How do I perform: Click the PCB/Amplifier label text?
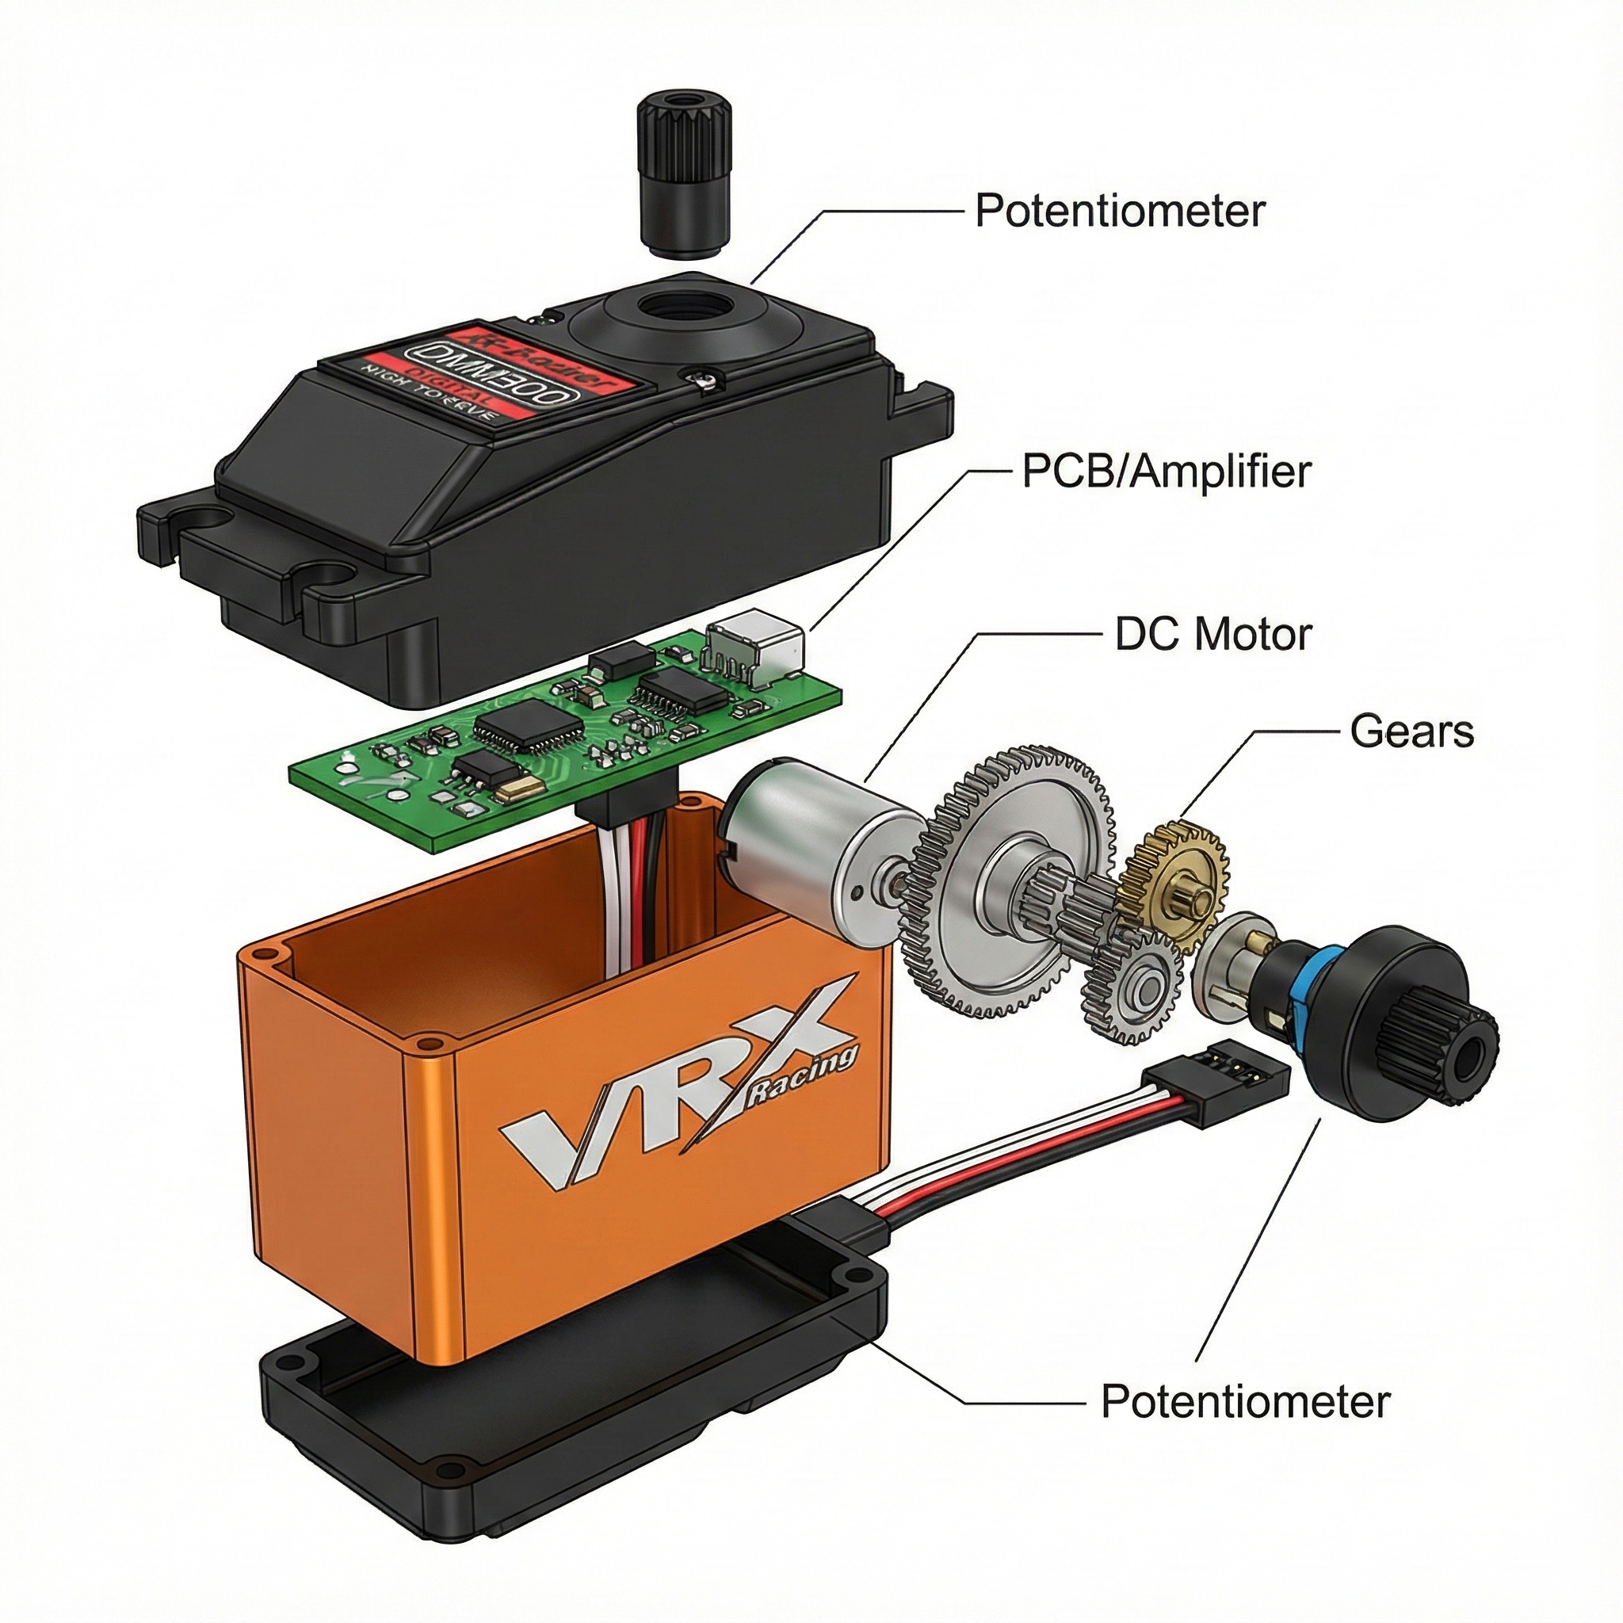(x=1165, y=472)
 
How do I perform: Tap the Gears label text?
(x=1411, y=731)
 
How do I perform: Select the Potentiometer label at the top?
(x=1119, y=211)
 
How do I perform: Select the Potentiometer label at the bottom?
(x=1245, y=1401)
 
